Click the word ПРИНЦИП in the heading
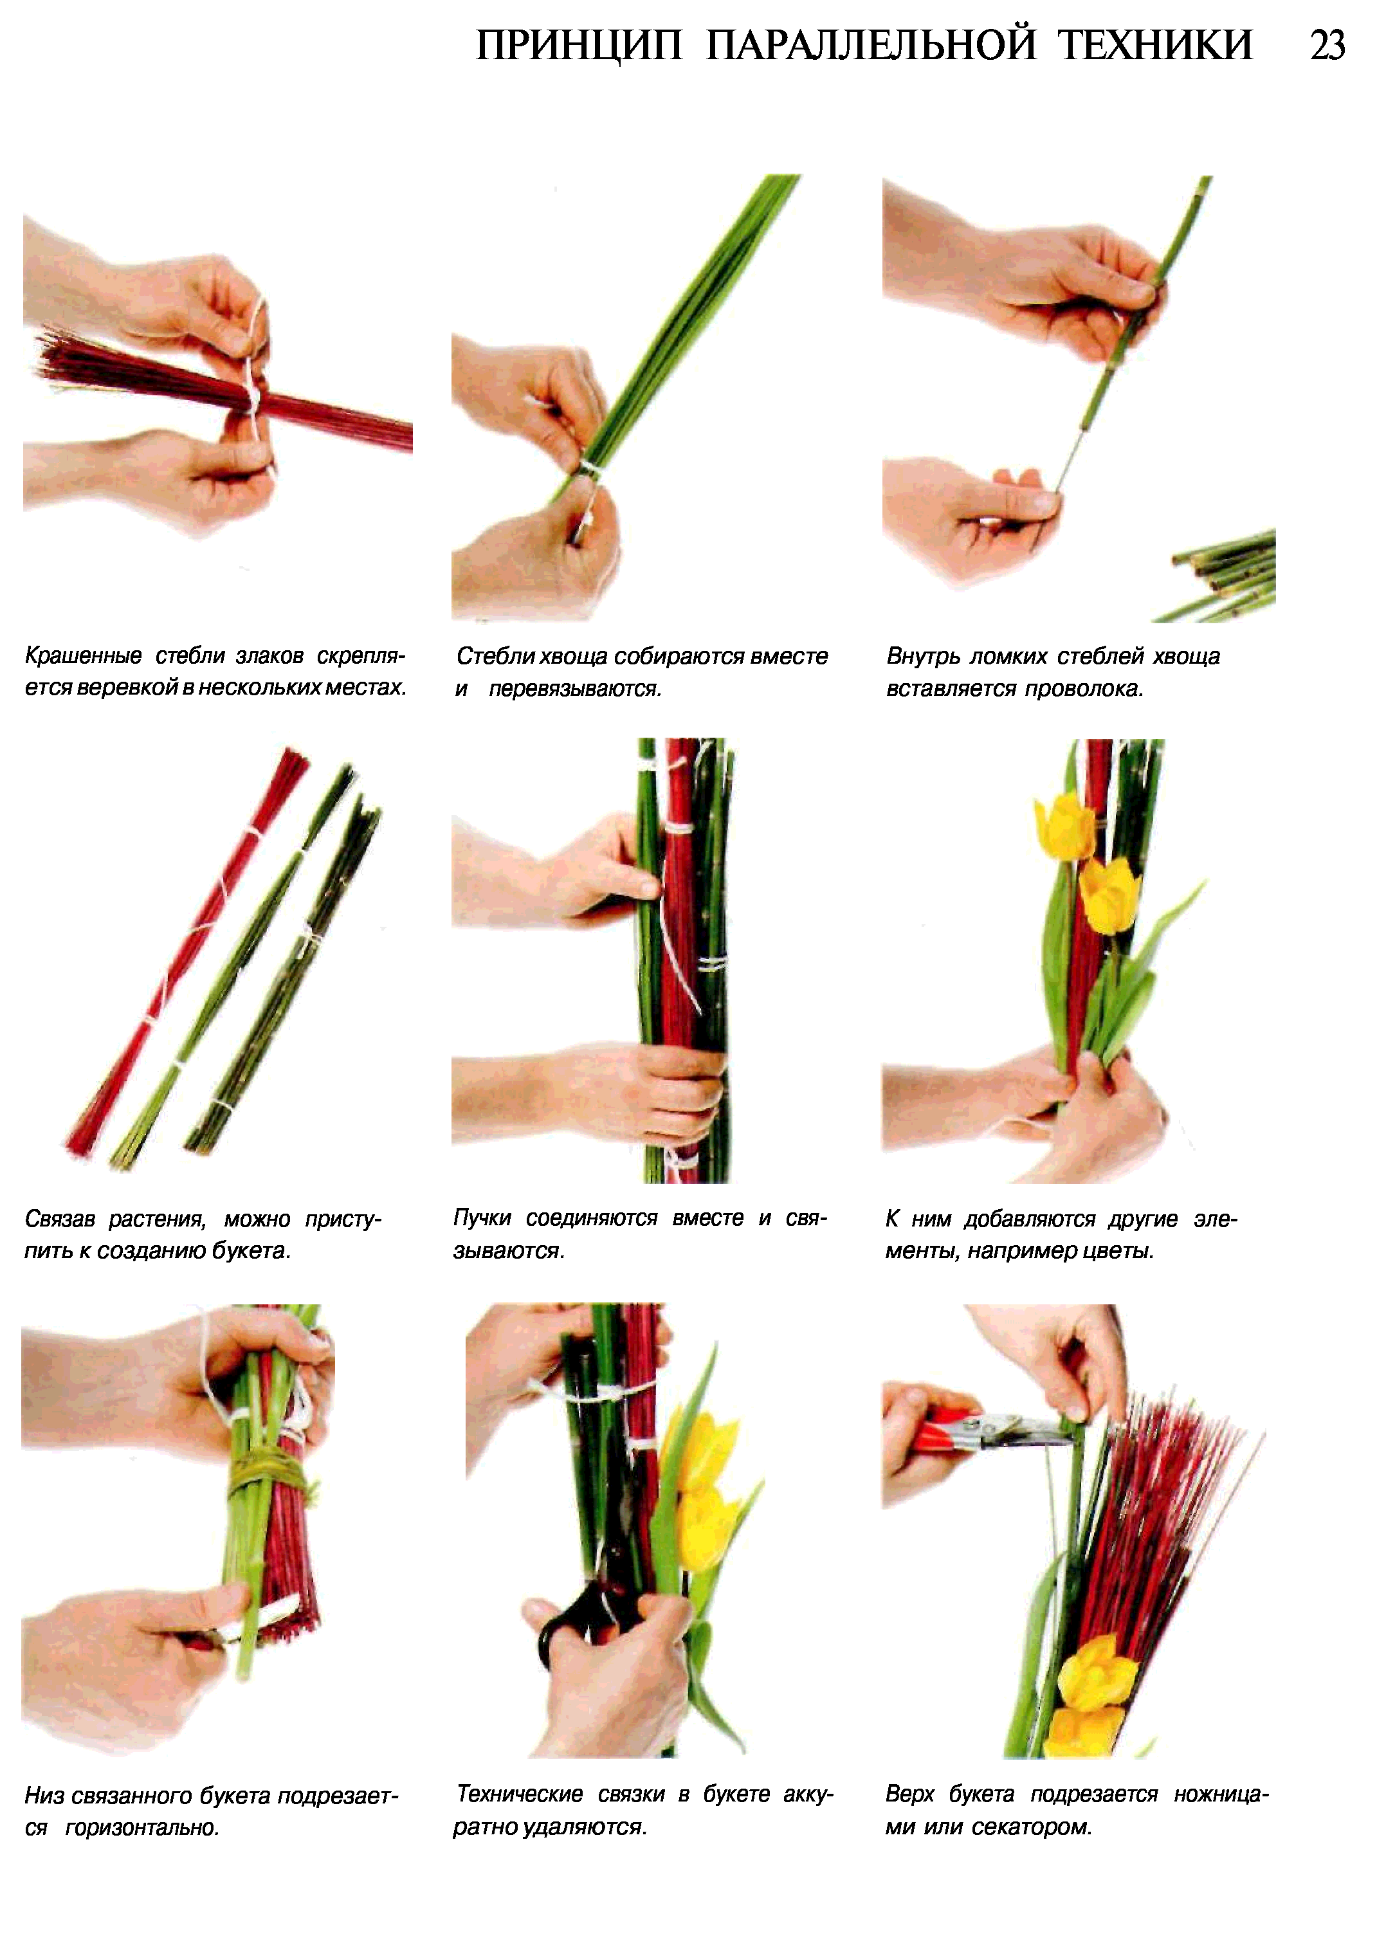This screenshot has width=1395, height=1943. point(579,46)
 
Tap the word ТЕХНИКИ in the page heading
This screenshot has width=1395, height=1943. point(1156,46)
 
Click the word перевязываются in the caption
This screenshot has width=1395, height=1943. point(574,689)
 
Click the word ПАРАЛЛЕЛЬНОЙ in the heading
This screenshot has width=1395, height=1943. point(870,46)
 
